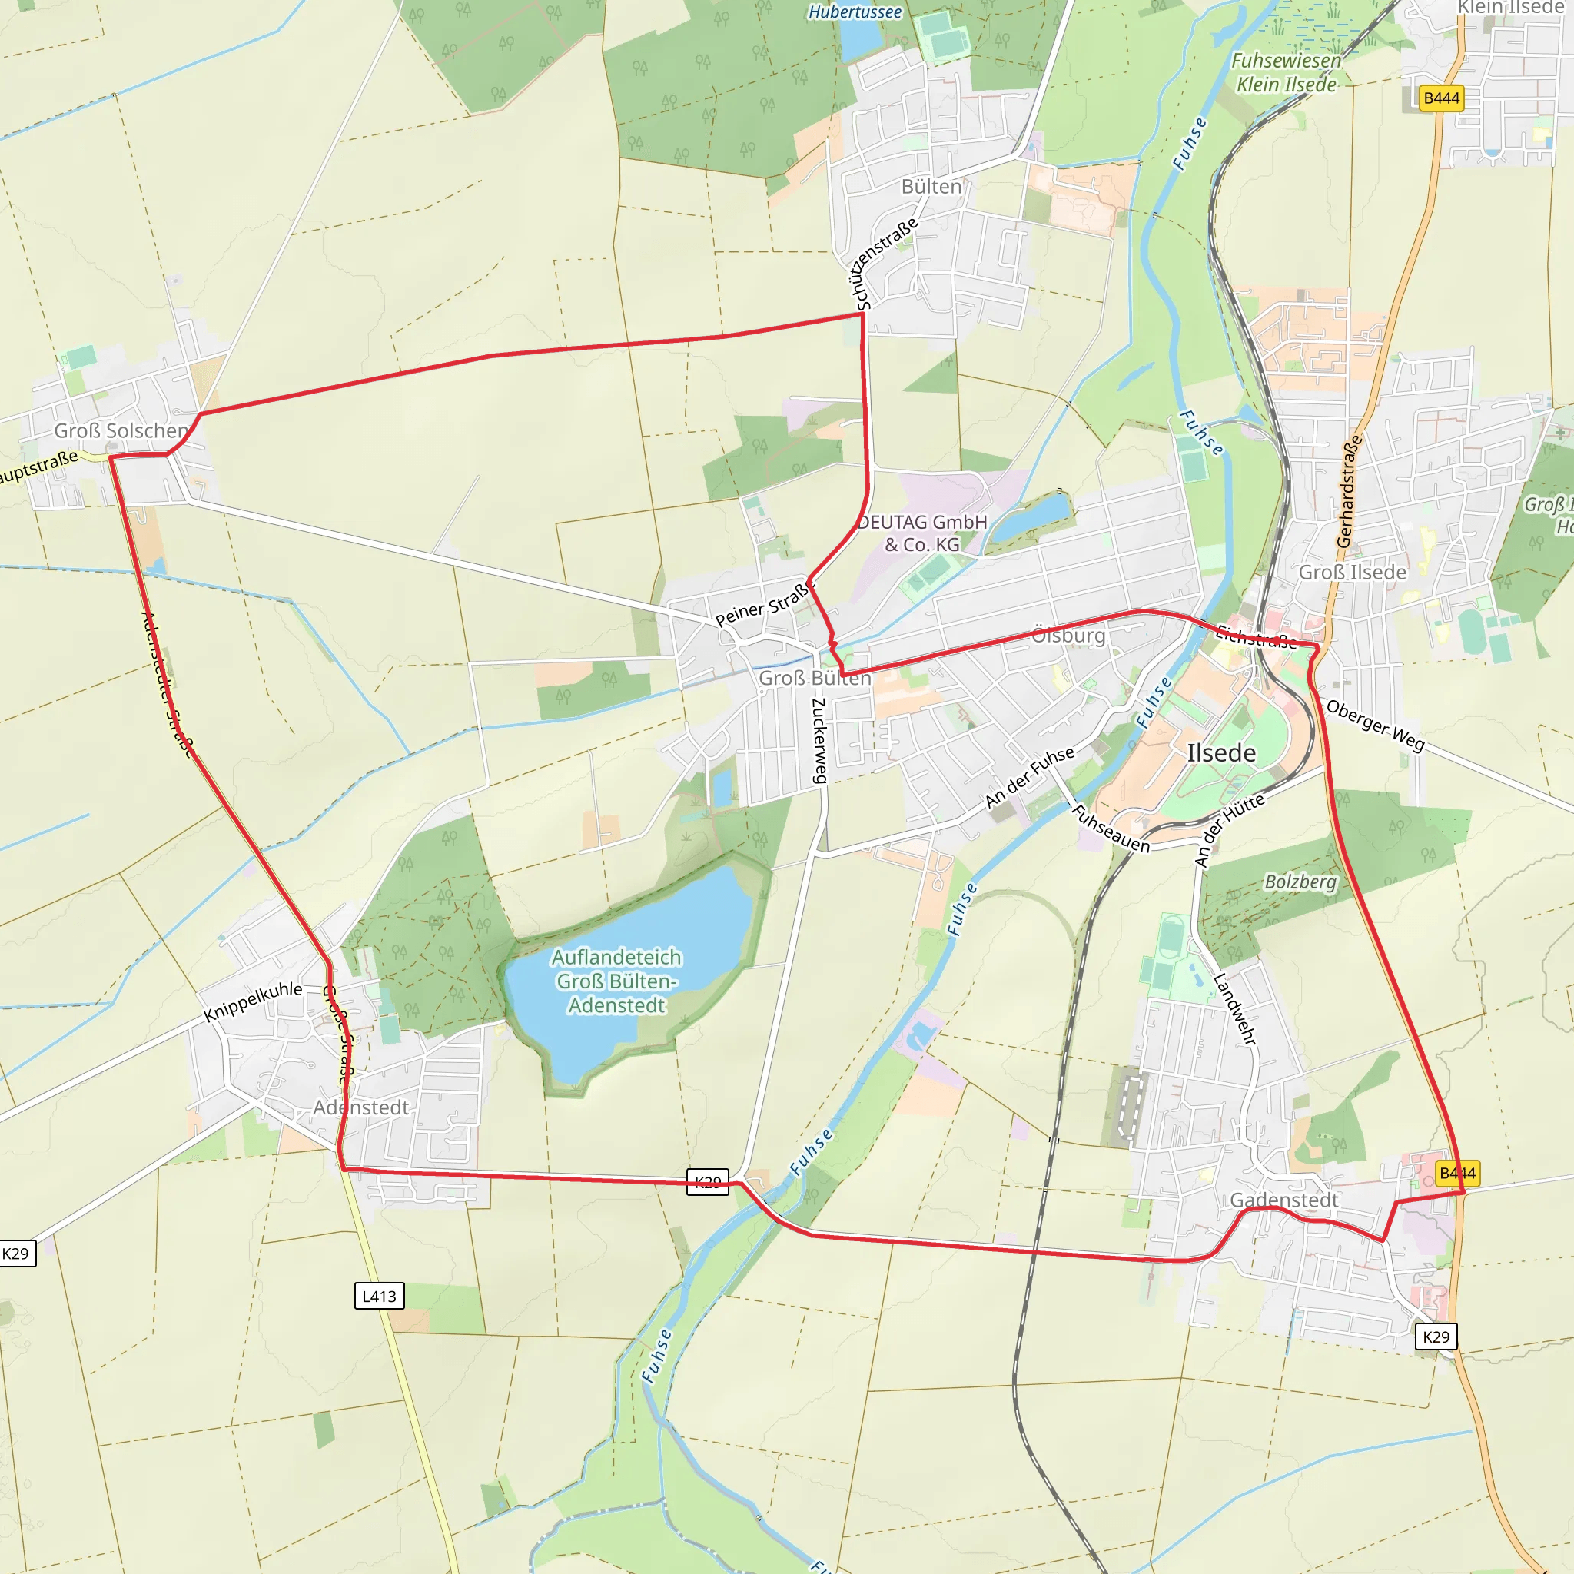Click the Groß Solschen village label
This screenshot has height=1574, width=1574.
click(x=121, y=430)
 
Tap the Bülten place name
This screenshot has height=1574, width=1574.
click(x=931, y=187)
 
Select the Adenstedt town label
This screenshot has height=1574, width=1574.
click(x=361, y=1107)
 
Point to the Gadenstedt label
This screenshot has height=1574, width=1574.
click(x=1284, y=1200)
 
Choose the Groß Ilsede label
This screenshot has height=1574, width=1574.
click(x=1352, y=572)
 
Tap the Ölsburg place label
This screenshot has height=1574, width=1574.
click(x=1068, y=635)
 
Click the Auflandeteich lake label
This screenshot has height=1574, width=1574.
click(x=616, y=981)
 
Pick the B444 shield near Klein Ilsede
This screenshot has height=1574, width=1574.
click(x=1441, y=98)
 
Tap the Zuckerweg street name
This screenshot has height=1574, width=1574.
click(x=819, y=740)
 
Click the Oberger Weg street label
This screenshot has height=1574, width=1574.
click(x=1375, y=724)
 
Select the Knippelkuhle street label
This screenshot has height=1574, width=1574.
click(x=253, y=1001)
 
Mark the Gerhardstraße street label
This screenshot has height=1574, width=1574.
click(x=1349, y=490)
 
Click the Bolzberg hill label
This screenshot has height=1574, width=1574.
click(x=1300, y=882)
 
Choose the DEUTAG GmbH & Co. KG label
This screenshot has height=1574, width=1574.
click(x=922, y=533)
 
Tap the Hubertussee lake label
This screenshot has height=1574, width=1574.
click(x=855, y=12)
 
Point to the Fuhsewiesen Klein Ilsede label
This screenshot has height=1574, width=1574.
click(x=1287, y=72)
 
